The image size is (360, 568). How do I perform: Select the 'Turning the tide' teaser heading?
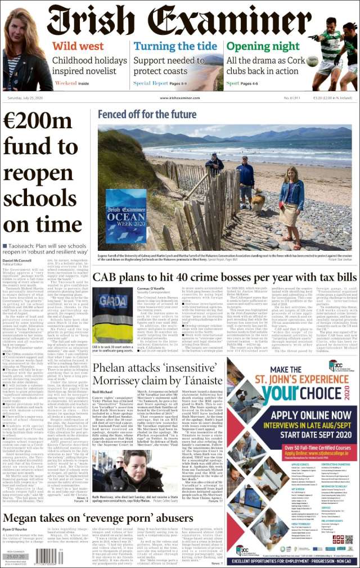[175, 46]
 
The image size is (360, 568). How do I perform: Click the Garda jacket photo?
[112, 315]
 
